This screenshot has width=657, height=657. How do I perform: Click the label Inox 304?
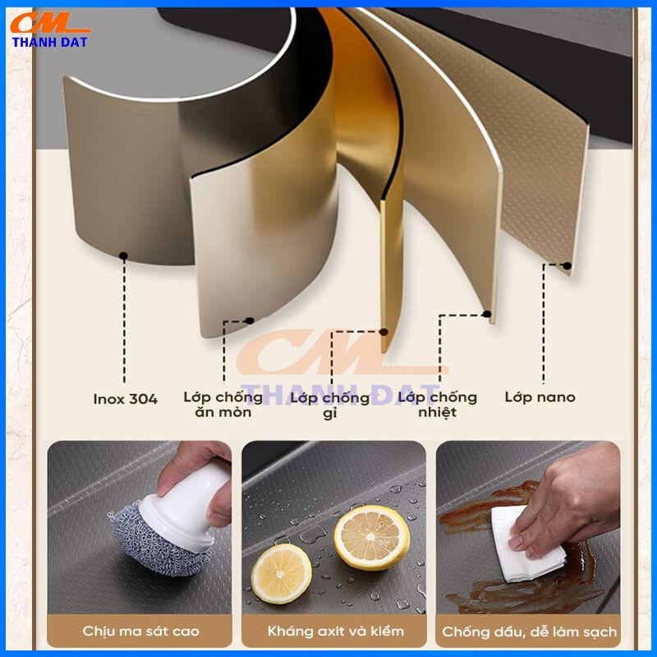[126, 399]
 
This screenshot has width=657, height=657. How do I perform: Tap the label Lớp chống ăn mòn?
[223, 405]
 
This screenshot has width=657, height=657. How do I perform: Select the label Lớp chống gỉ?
[330, 405]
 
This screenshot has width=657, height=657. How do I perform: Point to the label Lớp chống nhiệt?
[438, 405]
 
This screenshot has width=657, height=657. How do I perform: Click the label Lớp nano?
[540, 397]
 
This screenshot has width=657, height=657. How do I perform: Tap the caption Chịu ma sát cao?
[140, 631]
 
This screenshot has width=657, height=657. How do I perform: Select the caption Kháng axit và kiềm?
[336, 631]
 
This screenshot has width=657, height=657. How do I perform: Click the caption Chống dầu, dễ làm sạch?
[529, 632]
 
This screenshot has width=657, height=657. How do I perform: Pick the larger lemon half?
[372, 538]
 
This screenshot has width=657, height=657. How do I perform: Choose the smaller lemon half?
[281, 574]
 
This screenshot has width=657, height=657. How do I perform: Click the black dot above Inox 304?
[123, 255]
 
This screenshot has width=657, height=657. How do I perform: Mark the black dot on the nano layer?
[567, 265]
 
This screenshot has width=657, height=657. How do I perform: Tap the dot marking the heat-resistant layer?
[486, 314]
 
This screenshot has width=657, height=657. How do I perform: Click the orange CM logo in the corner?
[50, 23]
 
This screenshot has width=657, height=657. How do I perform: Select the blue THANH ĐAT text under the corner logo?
[49, 42]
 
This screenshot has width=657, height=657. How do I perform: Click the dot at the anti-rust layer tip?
[384, 332]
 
